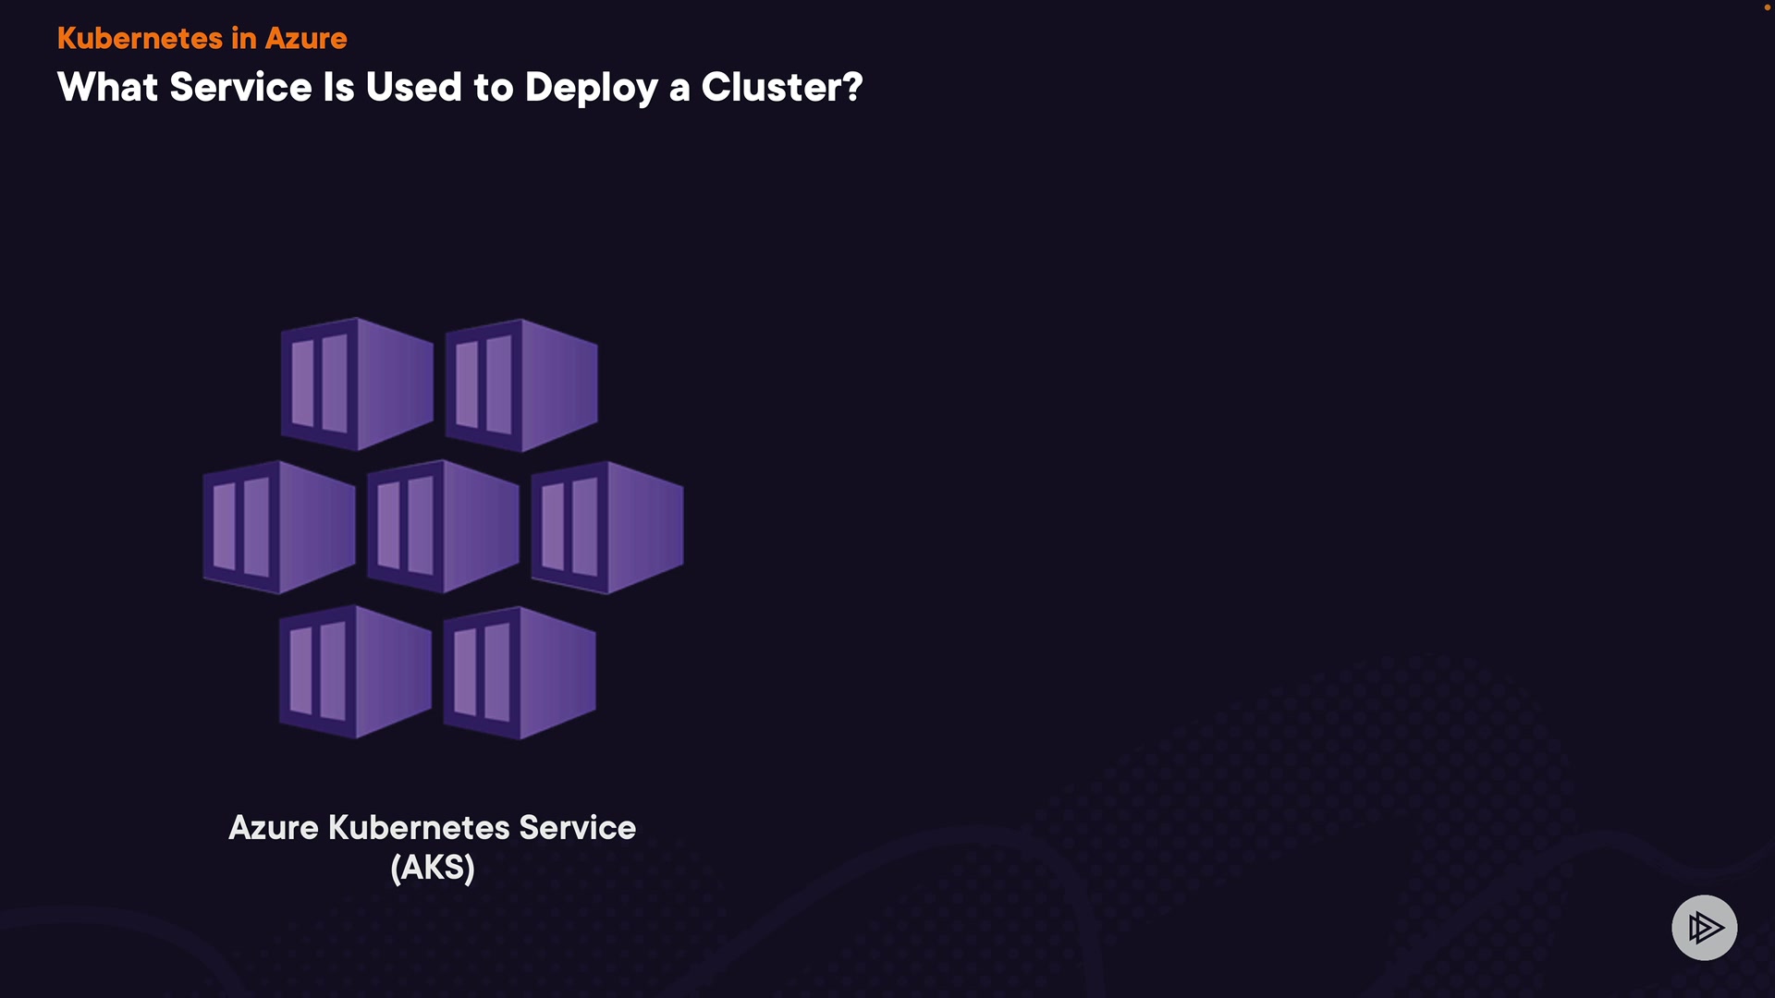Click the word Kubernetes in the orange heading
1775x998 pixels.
click(x=140, y=39)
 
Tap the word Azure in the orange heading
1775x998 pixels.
click(x=306, y=39)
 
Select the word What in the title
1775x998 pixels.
click(x=107, y=88)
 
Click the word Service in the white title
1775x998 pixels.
click(x=240, y=88)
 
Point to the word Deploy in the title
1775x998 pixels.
click(x=591, y=89)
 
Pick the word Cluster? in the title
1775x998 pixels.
click(x=781, y=88)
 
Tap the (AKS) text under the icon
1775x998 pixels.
click(x=433, y=868)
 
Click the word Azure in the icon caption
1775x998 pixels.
click(x=274, y=828)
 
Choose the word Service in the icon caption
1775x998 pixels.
click(x=577, y=828)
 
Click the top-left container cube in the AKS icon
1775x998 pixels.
click(x=357, y=384)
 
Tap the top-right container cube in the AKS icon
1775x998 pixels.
click(x=521, y=385)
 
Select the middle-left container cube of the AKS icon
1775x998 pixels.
click(x=279, y=527)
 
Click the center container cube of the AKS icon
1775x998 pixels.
click(x=443, y=527)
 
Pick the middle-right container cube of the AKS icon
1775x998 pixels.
click(x=607, y=527)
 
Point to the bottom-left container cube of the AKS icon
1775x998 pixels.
click(x=356, y=672)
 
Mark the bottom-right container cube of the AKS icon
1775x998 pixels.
click(x=520, y=673)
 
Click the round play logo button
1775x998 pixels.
click(x=1704, y=928)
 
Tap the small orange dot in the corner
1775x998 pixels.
click(x=1767, y=7)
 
